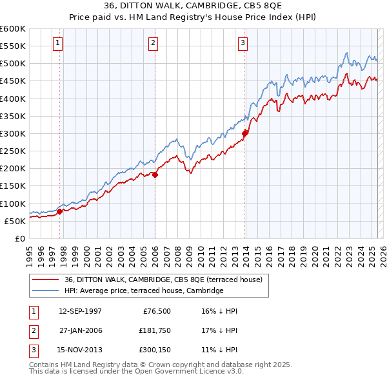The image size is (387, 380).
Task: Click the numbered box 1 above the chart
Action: click(x=57, y=43)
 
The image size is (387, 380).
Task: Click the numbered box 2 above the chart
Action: click(x=153, y=43)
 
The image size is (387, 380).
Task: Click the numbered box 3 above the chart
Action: click(x=243, y=43)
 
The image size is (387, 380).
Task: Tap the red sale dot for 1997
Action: click(x=60, y=211)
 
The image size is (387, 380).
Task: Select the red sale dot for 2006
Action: click(x=155, y=175)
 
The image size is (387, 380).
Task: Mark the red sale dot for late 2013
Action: click(x=245, y=133)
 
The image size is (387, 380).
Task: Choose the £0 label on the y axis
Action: click(x=19, y=238)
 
